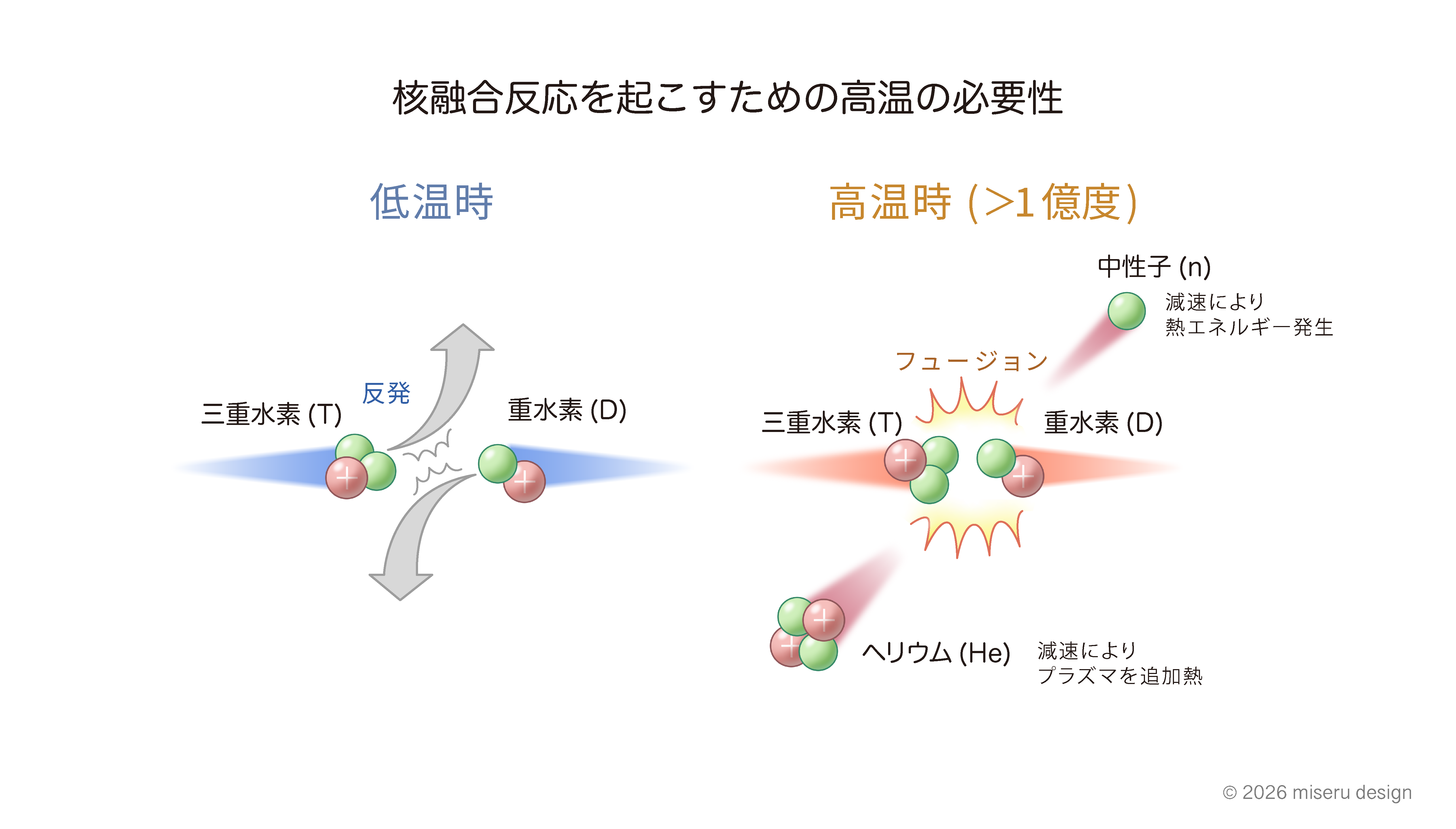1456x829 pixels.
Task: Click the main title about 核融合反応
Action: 727,98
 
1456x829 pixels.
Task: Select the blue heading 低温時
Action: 431,202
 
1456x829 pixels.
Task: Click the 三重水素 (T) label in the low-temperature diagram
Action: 271,414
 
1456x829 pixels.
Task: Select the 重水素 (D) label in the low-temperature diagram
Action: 567,410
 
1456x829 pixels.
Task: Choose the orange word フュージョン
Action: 971,361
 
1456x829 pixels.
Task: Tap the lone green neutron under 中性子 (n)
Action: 1127,311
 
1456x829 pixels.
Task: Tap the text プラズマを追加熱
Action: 1119,676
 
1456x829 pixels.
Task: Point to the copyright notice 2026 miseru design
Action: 1317,793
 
